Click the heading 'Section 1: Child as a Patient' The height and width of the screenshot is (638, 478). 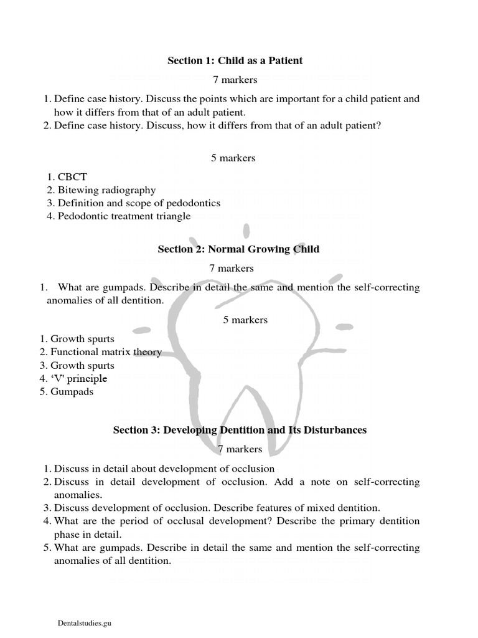235,60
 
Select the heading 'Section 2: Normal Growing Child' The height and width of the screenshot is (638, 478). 238,249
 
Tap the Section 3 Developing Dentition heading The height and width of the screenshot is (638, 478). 240,430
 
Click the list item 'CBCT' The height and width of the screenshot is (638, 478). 72,177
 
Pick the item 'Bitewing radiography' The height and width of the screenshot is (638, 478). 106,190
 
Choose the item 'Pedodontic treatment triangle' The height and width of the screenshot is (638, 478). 124,216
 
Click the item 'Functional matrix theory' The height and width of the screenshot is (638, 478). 106,353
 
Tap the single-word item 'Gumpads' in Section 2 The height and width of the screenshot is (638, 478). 72,392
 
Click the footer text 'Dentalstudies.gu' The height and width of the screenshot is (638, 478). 83,622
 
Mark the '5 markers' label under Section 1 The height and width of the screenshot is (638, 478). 233,158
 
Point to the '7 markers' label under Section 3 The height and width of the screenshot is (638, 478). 240,449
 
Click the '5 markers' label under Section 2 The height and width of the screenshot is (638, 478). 245,320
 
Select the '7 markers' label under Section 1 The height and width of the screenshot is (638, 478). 235,80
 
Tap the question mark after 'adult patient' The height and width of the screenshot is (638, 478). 379,125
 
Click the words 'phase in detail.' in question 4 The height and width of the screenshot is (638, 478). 90,534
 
